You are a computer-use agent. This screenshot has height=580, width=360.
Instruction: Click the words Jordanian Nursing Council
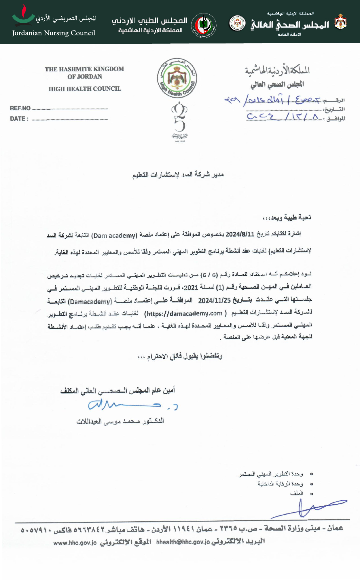coord(54,33)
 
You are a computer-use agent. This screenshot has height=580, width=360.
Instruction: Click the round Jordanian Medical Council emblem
coord(204,26)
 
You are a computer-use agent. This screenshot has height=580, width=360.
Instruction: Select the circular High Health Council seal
coord(177,78)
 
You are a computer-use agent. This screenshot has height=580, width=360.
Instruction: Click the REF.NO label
coord(20,108)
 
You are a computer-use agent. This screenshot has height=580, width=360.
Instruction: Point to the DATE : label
coord(19,119)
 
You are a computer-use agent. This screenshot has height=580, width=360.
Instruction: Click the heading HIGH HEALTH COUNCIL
coord(85,89)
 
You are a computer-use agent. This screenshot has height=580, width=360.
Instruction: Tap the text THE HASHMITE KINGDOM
coord(84,69)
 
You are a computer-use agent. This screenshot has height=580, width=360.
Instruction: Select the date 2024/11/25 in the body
coord(215,301)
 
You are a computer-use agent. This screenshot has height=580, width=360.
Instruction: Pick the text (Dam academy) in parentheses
coord(114,236)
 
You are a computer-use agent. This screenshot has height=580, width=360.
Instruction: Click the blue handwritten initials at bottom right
coord(308,509)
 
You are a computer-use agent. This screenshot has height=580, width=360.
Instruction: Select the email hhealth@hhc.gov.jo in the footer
coord(183,542)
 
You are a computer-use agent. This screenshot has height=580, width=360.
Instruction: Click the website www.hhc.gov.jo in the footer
coord(75,543)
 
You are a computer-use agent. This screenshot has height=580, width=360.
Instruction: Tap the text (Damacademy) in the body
coord(90,302)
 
